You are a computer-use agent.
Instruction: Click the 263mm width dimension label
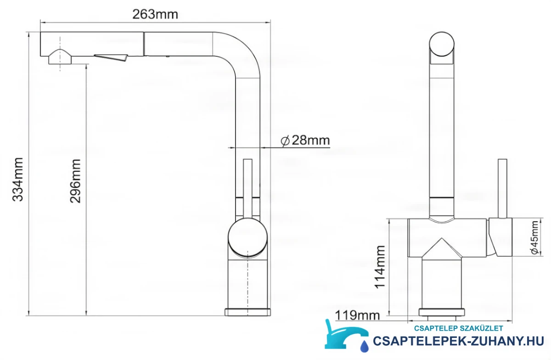click(x=155, y=14)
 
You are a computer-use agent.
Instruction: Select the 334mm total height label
click(x=18, y=180)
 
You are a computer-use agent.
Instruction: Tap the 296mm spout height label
click(x=75, y=181)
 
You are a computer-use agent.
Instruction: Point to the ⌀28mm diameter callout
click(x=305, y=141)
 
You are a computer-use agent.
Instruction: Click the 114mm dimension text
click(x=380, y=267)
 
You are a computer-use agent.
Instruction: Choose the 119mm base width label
click(x=357, y=315)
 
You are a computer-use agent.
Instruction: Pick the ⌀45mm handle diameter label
click(x=534, y=237)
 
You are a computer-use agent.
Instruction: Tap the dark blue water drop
click(x=364, y=346)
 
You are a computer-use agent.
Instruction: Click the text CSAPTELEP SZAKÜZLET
click(x=459, y=328)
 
